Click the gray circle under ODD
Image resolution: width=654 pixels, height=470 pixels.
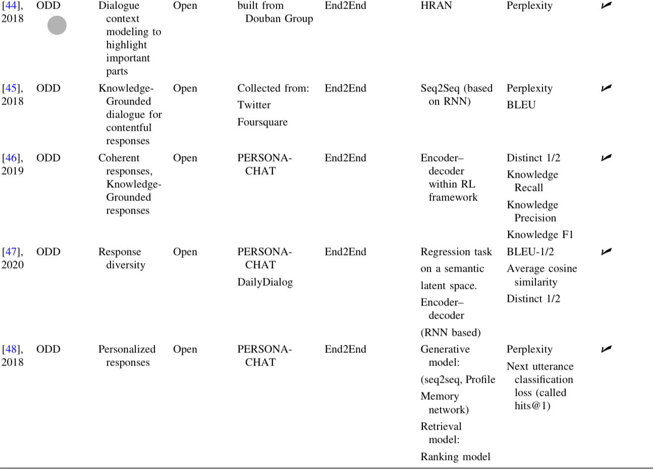(57, 26)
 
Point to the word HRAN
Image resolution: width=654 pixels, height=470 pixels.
(436, 6)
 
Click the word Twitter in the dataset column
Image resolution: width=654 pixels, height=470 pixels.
(254, 105)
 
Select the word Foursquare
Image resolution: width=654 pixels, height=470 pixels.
(262, 122)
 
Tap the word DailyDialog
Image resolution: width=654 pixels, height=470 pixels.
(265, 282)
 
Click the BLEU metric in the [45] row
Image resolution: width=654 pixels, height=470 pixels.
(521, 105)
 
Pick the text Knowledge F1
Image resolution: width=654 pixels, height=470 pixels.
(540, 235)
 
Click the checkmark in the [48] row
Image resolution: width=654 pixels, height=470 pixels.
(606, 349)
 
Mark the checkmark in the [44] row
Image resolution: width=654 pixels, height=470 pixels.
(606, 6)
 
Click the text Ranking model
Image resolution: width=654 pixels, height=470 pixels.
(455, 457)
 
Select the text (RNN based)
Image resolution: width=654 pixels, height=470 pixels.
(451, 333)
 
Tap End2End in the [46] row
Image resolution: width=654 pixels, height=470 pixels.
(345, 158)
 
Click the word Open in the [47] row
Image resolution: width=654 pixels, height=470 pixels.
(185, 252)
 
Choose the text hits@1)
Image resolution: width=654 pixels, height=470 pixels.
(532, 406)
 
